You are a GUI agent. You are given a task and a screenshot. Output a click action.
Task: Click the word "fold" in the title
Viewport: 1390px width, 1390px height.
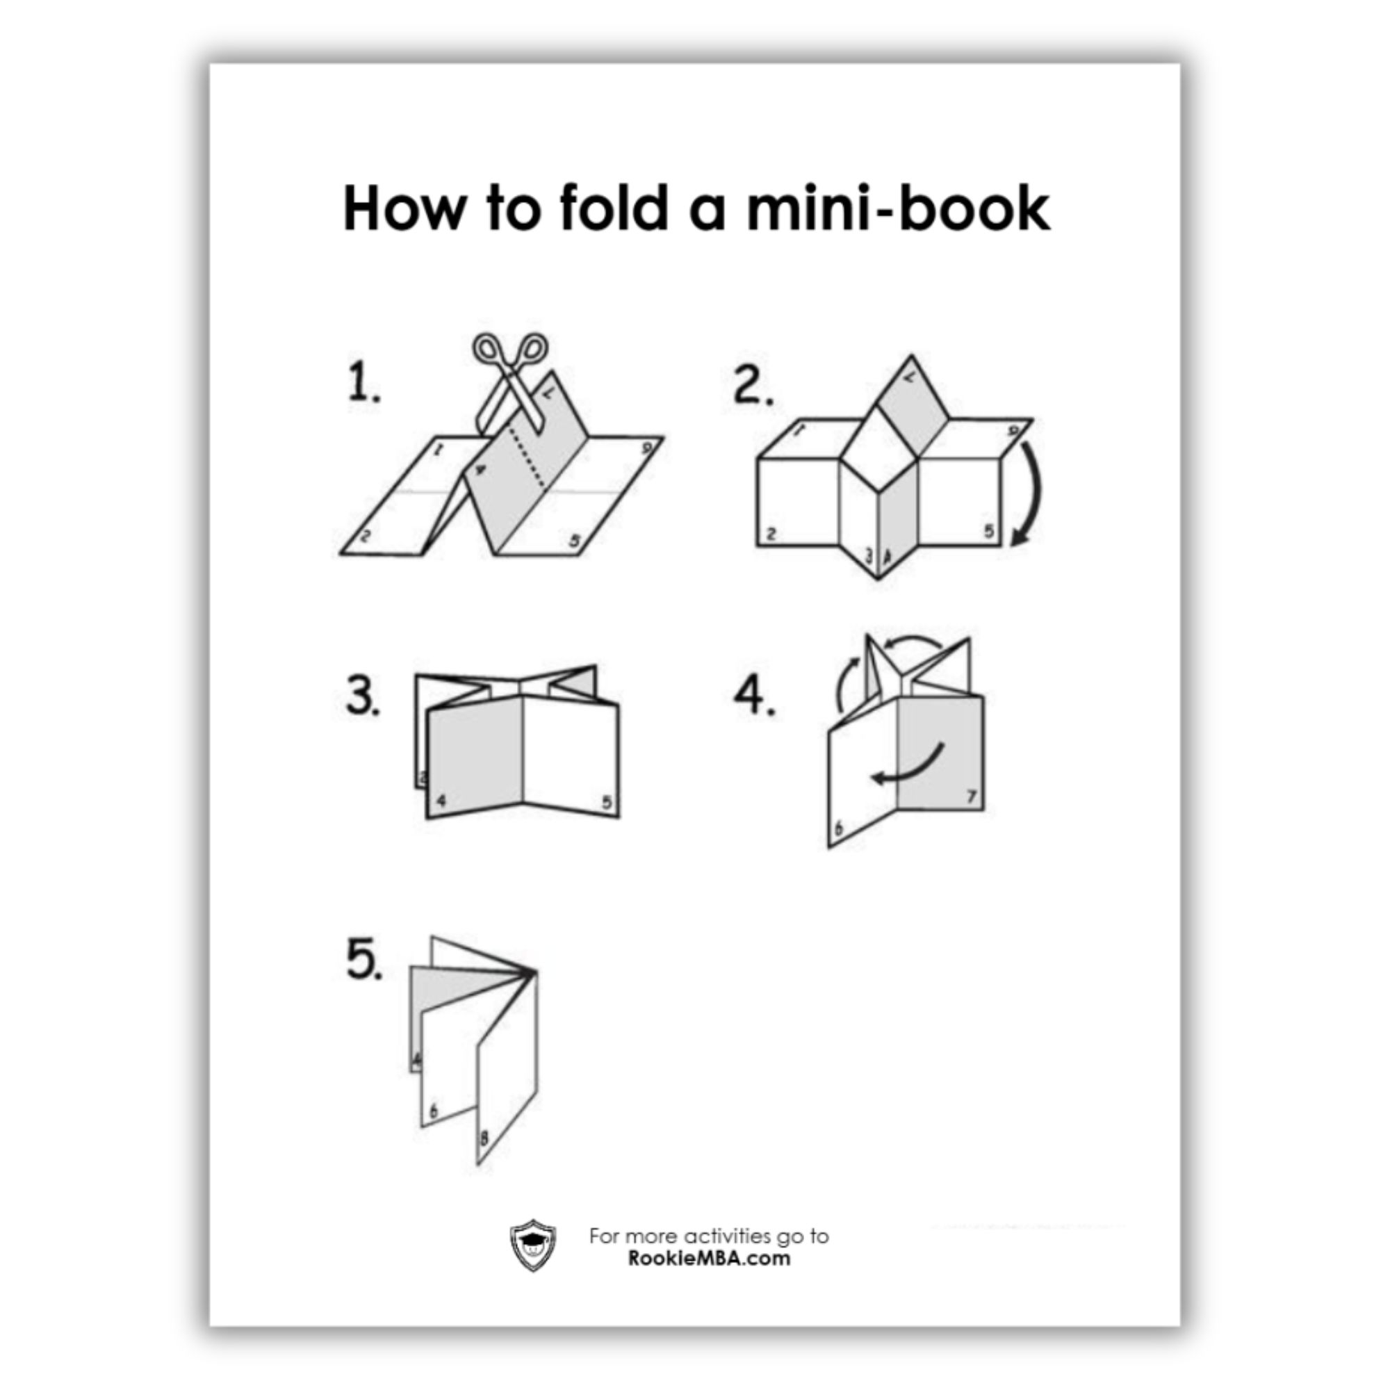coord(614,208)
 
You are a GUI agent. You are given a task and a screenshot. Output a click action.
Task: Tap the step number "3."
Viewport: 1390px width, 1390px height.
coord(363,696)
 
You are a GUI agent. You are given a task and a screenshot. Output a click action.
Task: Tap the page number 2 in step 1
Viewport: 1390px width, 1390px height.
coord(366,535)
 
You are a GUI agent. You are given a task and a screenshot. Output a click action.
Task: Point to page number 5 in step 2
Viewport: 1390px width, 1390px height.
coord(988,531)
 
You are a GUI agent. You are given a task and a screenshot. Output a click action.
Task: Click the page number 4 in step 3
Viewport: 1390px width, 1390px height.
coord(442,800)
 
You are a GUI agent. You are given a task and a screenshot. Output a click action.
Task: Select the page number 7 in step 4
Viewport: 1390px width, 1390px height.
coord(972,796)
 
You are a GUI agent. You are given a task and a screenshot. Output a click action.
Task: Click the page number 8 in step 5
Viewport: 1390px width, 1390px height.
coord(484,1138)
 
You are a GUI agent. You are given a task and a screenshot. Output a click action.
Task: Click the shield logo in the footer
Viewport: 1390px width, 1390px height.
coord(532,1245)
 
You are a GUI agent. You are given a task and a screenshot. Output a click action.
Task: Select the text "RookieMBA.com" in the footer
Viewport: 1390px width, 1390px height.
coord(709,1259)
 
